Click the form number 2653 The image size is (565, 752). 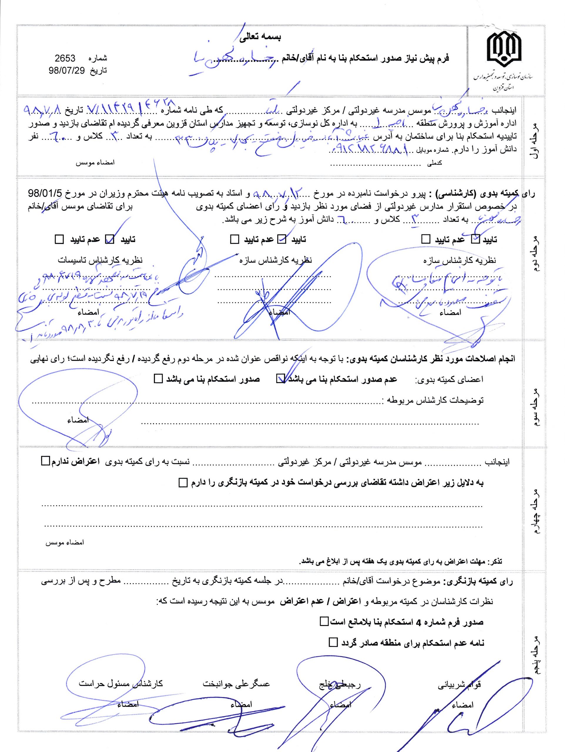pos(65,58)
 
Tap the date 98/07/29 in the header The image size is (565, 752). pos(65,71)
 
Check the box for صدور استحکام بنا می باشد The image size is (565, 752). pos(158,379)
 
